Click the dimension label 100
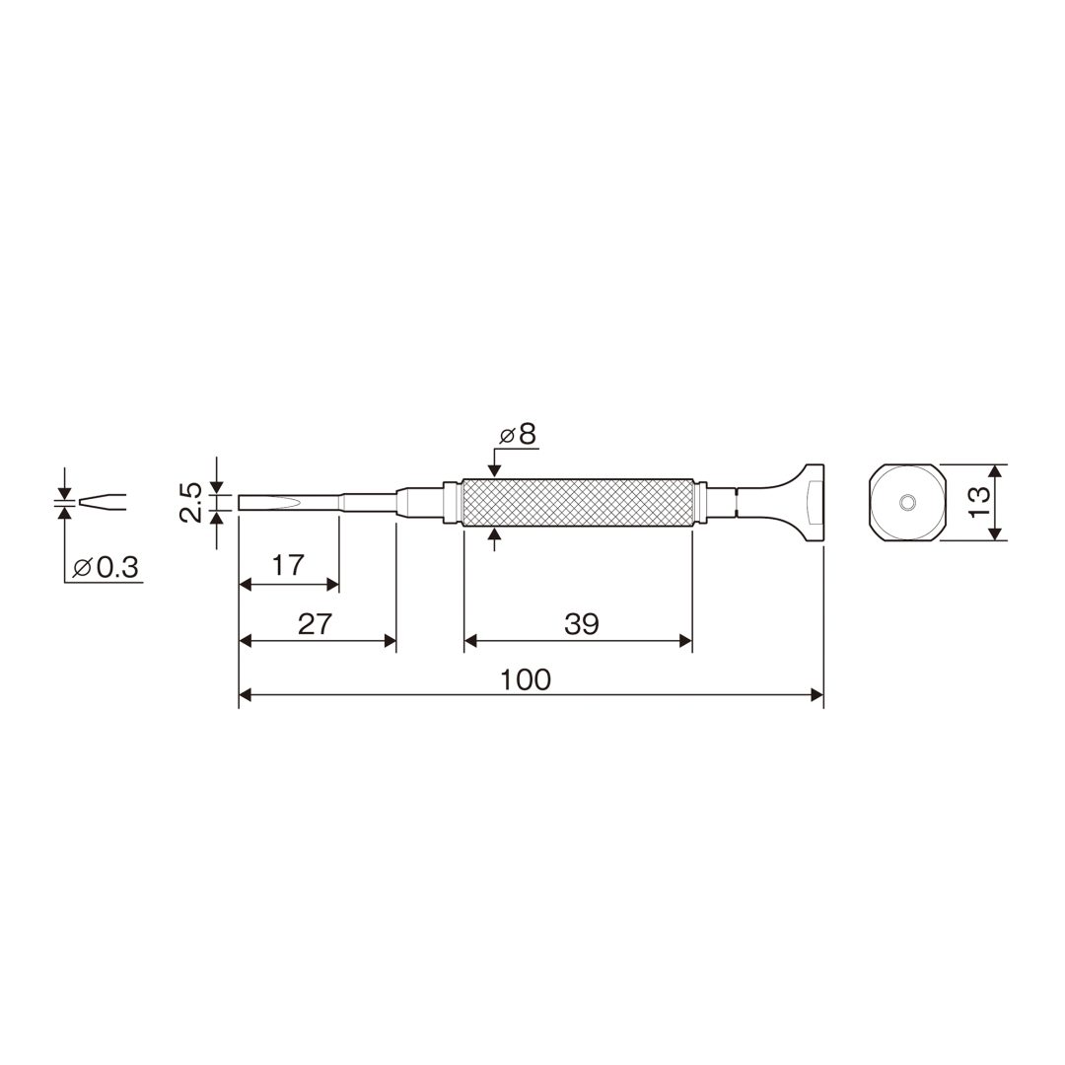click(525, 679)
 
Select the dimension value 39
click(582, 623)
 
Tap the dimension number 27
click(315, 623)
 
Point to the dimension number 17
click(288, 565)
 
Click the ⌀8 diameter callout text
click(519, 435)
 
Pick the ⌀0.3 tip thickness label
click(106, 566)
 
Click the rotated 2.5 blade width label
click(191, 503)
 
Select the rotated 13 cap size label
click(980, 503)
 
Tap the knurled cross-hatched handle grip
click(577, 503)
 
